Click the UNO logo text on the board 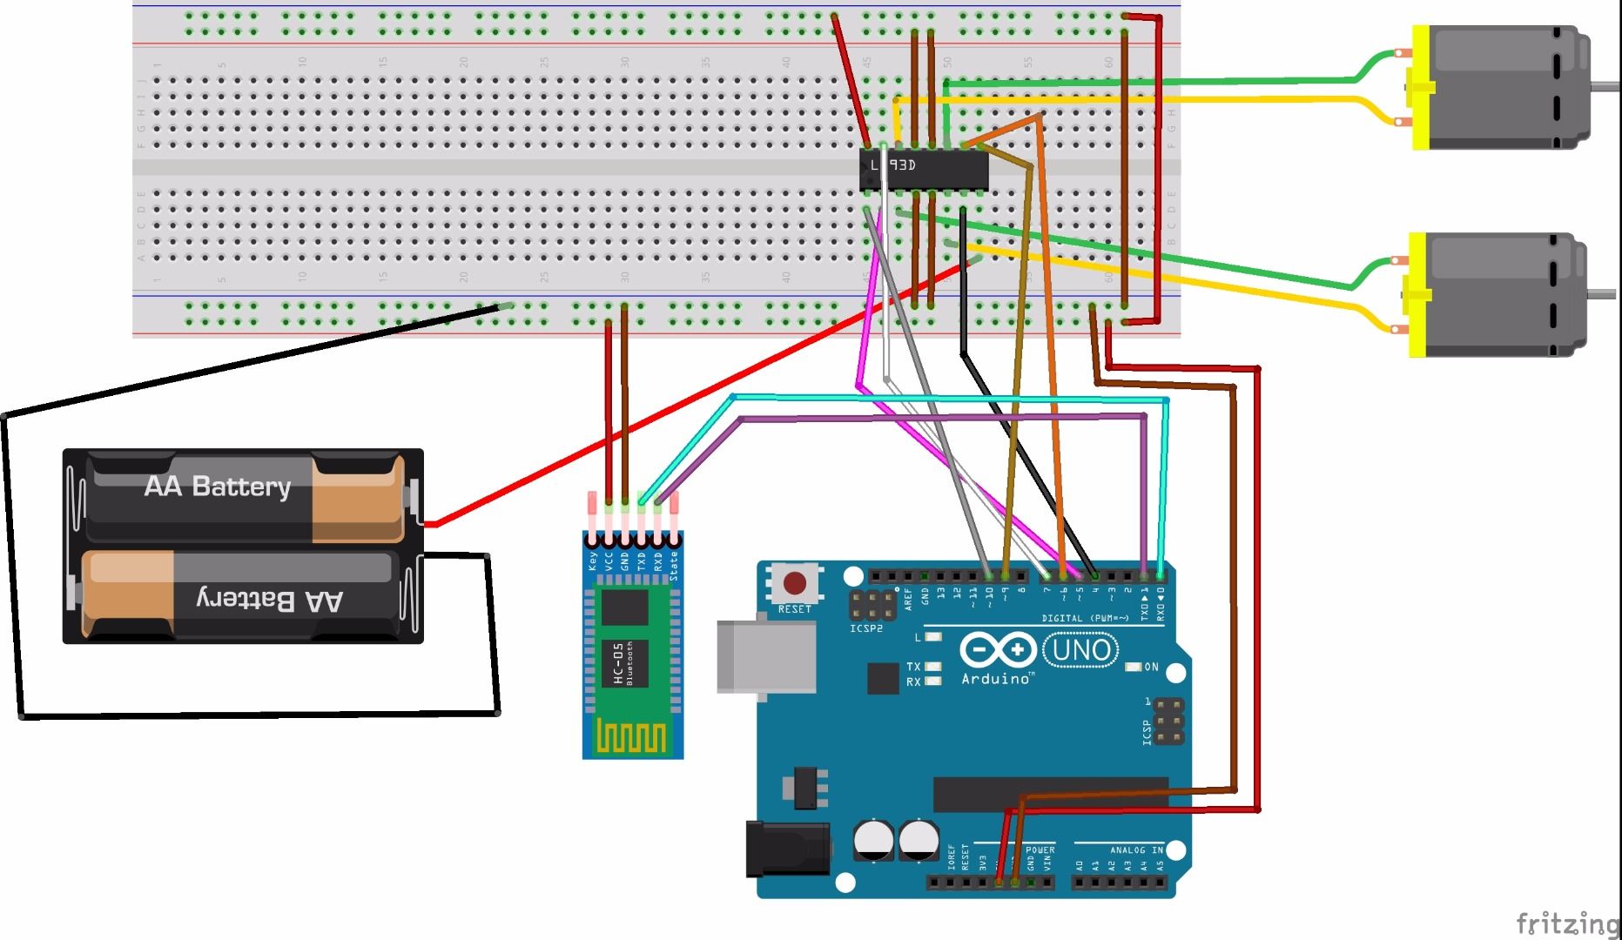tap(1081, 649)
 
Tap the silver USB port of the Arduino tap(764, 656)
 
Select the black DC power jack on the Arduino tap(786, 848)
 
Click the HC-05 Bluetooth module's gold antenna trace tap(632, 738)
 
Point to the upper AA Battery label tap(218, 486)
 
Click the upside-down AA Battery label tap(270, 599)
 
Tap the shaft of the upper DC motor tap(1605, 85)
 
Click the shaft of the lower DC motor tap(1602, 294)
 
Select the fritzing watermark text tap(1566, 923)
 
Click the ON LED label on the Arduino tap(1151, 668)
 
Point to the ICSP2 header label tap(865, 628)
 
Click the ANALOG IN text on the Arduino tap(1135, 850)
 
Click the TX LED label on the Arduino tap(912, 667)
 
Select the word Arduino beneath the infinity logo tap(996, 678)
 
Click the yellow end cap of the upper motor tap(1420, 87)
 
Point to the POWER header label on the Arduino tap(1040, 850)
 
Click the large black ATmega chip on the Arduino tap(1050, 794)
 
